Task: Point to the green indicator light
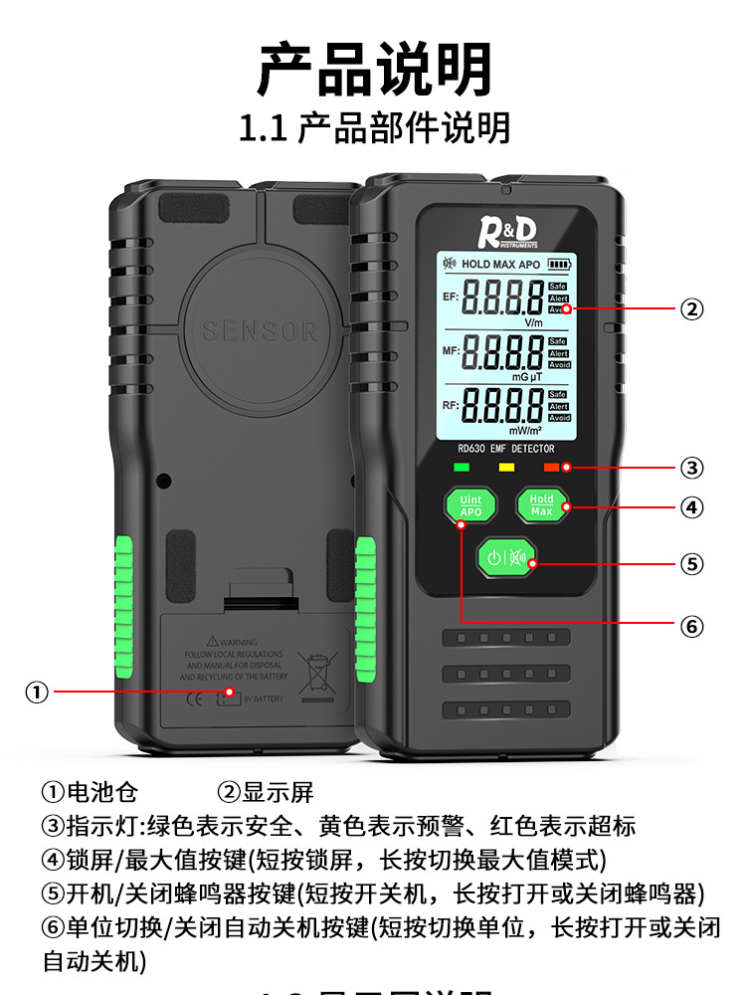tap(461, 466)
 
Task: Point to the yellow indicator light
tap(505, 466)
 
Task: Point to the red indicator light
tap(551, 466)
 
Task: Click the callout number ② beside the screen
tap(692, 308)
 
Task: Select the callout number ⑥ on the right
tap(692, 627)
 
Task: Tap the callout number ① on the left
tap(37, 692)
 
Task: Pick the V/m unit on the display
tap(533, 322)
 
